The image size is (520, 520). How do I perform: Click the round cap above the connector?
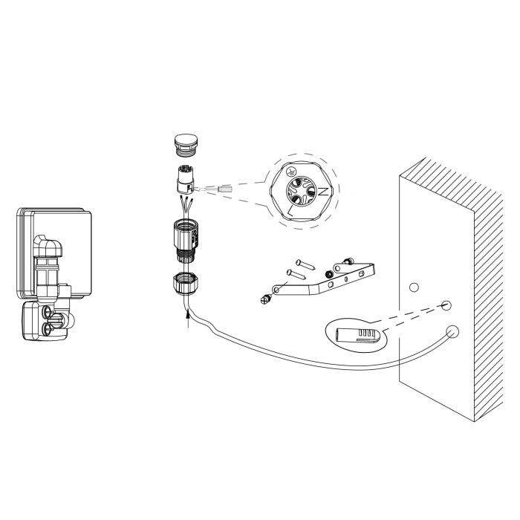coord(183,143)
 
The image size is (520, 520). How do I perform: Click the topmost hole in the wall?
coord(414,287)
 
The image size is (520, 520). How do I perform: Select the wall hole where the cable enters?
coord(449,331)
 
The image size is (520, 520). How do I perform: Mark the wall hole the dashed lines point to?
coord(446,305)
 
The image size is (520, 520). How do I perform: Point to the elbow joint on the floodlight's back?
coord(49,246)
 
